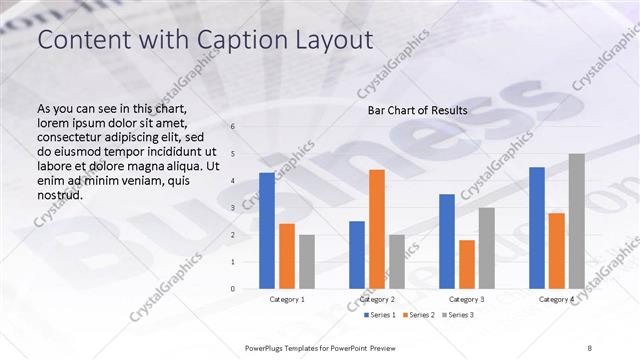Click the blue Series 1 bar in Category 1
tap(267, 231)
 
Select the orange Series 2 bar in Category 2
tap(377, 229)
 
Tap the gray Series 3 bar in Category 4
tap(577, 221)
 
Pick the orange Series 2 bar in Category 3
tap(467, 264)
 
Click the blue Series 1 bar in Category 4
tap(537, 228)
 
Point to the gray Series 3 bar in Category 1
tap(307, 262)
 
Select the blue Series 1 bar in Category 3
tap(447, 241)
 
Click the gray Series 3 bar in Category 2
tap(397, 262)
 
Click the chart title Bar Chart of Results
tap(418, 110)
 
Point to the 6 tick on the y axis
tap(232, 127)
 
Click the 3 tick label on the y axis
tap(232, 208)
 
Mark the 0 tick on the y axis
tap(232, 289)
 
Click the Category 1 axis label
tap(287, 299)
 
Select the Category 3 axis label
tap(467, 299)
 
